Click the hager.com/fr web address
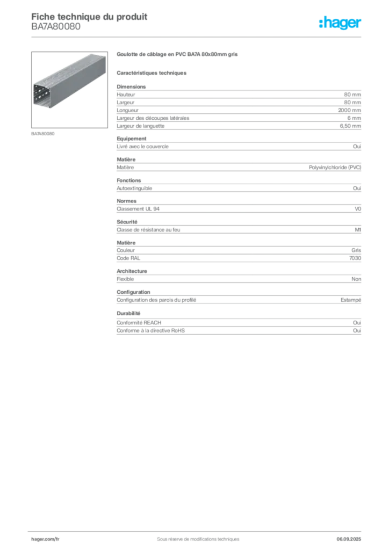coord(45,538)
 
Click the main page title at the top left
coord(89,15)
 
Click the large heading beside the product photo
coord(177,55)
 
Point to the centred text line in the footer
coord(196,535)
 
